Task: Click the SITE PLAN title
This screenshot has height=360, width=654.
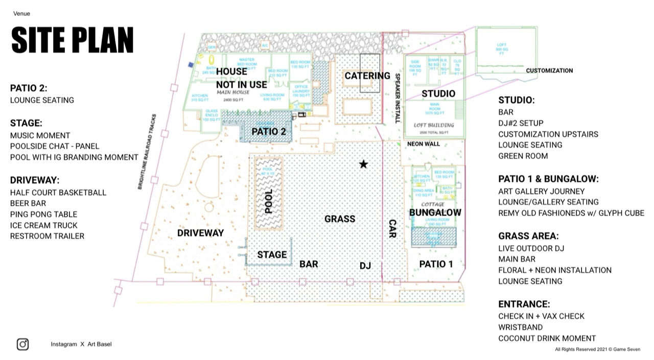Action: pos(72,40)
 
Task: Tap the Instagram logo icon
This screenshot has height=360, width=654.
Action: pos(22,344)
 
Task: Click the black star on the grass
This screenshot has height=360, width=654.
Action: pos(363,164)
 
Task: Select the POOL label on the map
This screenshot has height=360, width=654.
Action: pos(269,201)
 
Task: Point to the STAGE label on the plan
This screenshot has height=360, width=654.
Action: pos(272,255)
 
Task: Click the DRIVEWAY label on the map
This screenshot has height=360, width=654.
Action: pos(200,233)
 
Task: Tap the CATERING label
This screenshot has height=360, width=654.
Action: pos(367,76)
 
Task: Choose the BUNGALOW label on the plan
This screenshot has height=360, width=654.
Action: pos(435,212)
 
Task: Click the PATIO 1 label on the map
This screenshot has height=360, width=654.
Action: pos(436,264)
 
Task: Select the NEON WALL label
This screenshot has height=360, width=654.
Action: pos(423,144)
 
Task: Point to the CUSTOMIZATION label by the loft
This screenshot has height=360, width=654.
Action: pos(549,71)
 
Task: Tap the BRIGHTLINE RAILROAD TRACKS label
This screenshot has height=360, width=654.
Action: pos(147,152)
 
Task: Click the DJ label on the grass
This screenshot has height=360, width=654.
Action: pos(365,266)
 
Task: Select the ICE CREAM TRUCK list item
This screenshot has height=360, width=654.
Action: pos(44,225)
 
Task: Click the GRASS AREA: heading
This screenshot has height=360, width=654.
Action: pos(528,236)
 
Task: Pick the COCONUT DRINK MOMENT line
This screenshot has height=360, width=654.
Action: pos(547,338)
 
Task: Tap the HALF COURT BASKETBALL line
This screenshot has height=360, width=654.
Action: pos(58,193)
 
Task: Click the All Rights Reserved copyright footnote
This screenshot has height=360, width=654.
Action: pos(597,349)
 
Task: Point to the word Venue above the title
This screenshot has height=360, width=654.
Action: pos(21,14)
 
